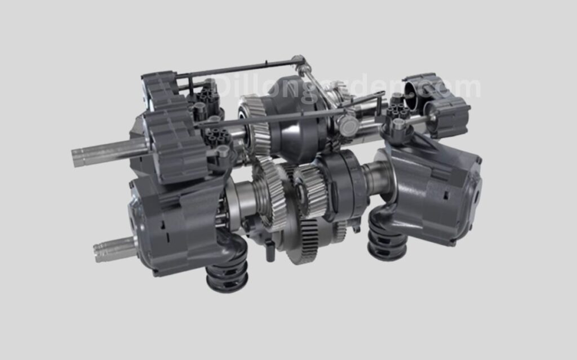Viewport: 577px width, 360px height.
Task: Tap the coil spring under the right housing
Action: click(388, 239)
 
